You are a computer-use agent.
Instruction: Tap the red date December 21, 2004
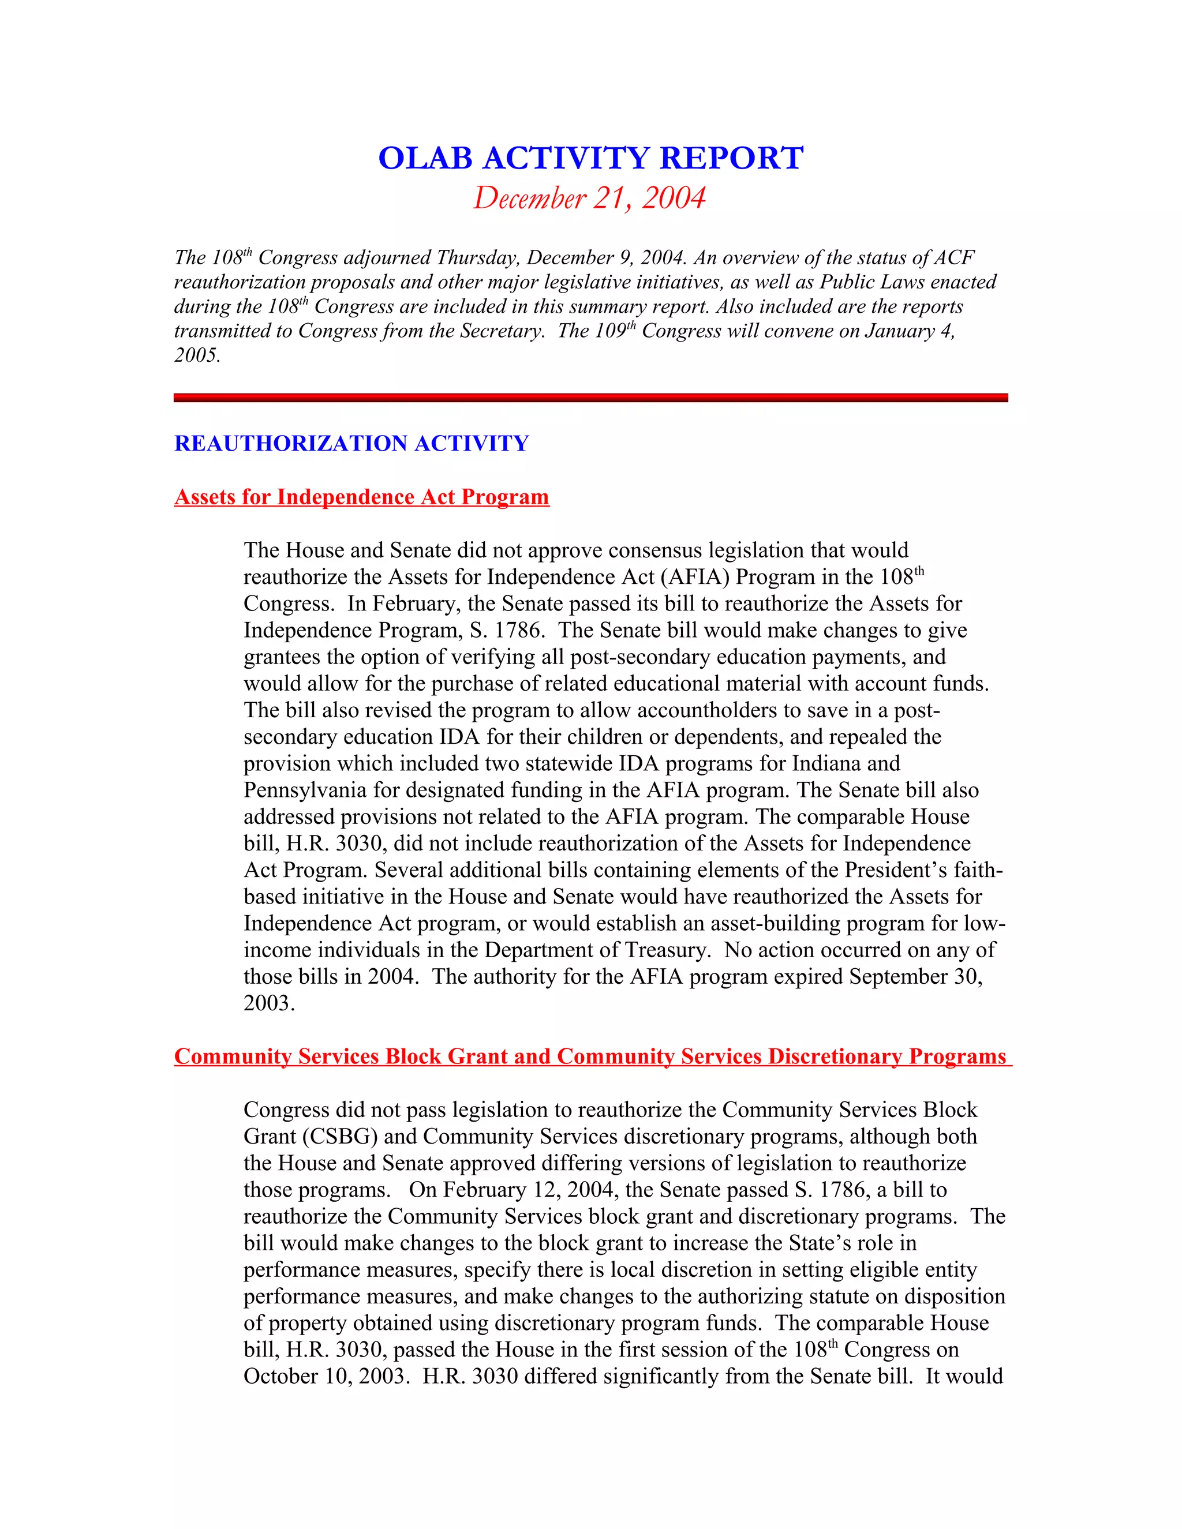coord(590,198)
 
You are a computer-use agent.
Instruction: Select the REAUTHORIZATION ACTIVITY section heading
coord(351,443)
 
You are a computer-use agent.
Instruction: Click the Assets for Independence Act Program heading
coord(361,496)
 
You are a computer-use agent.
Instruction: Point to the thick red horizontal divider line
coord(590,398)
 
